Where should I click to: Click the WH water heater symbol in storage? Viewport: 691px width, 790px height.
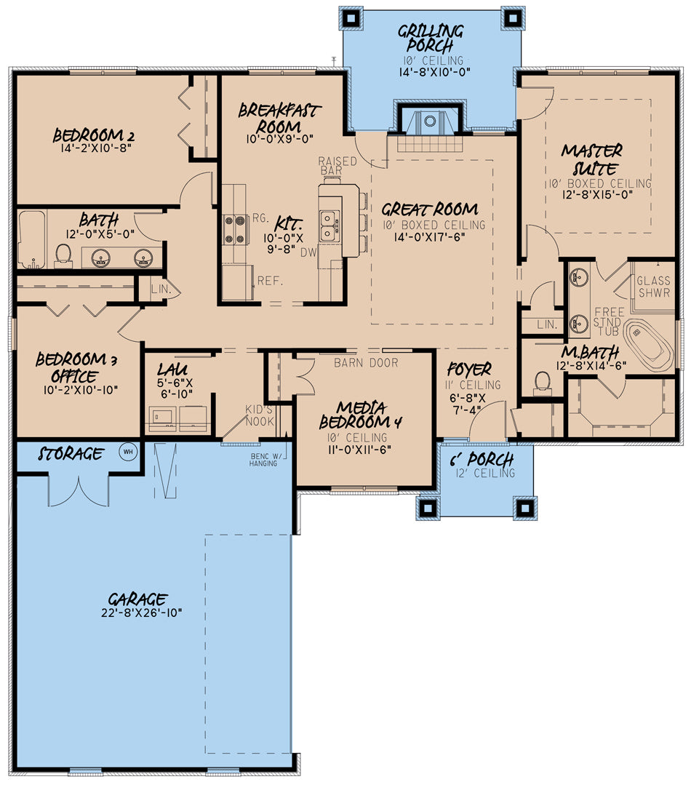(129, 451)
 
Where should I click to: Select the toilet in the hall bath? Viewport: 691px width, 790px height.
(63, 254)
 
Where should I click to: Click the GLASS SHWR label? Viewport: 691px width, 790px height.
(654, 290)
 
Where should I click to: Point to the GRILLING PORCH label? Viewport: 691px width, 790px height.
(431, 39)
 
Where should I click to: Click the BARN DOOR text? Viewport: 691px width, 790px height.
(366, 362)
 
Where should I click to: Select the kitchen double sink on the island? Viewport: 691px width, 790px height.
(328, 225)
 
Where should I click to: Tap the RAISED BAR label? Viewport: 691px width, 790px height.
(337, 165)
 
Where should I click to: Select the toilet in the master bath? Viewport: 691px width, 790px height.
(541, 380)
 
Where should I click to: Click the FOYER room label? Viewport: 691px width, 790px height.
(469, 370)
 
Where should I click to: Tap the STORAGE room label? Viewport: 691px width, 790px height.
(70, 455)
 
